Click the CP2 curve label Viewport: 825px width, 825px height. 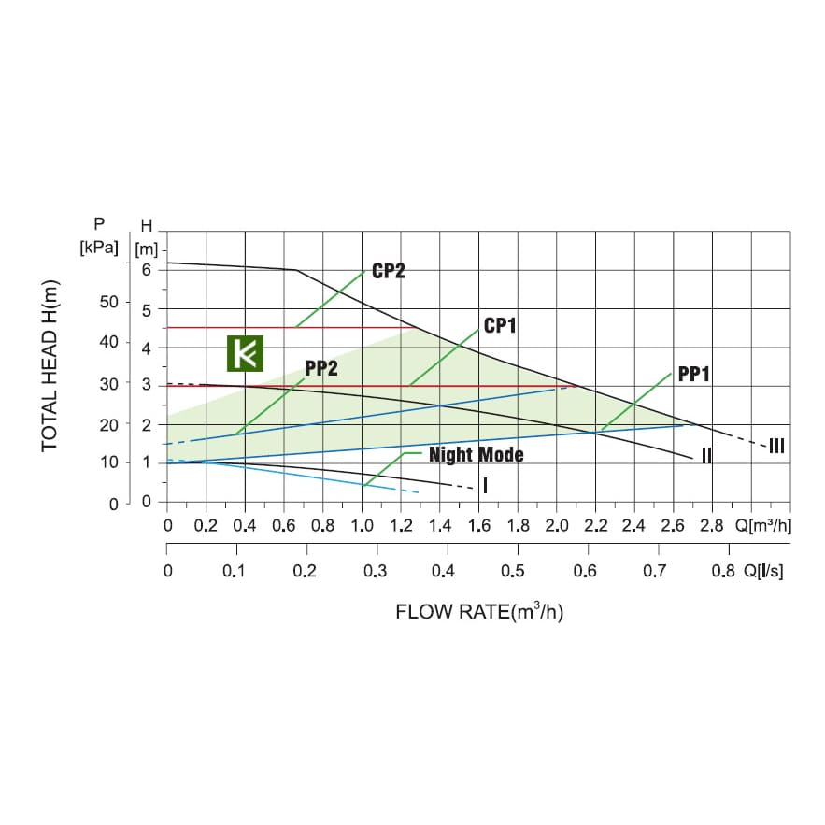coord(388,271)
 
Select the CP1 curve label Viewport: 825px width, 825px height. coord(500,326)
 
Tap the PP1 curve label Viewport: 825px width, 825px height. coord(694,374)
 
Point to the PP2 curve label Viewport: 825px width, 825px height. coord(321,367)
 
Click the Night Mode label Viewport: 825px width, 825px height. coord(476,455)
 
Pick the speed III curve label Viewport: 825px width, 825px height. coord(775,446)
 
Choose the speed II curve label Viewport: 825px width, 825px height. coord(707,456)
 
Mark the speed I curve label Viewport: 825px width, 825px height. coord(486,486)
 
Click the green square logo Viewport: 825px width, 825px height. coord(246,355)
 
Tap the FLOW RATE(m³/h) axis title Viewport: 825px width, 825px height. coord(479,613)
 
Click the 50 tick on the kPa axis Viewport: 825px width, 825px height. coord(110,302)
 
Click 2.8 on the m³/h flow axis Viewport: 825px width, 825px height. coord(712,525)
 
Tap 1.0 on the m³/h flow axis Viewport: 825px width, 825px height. coord(362,525)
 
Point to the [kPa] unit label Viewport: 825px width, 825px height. coord(99,248)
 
